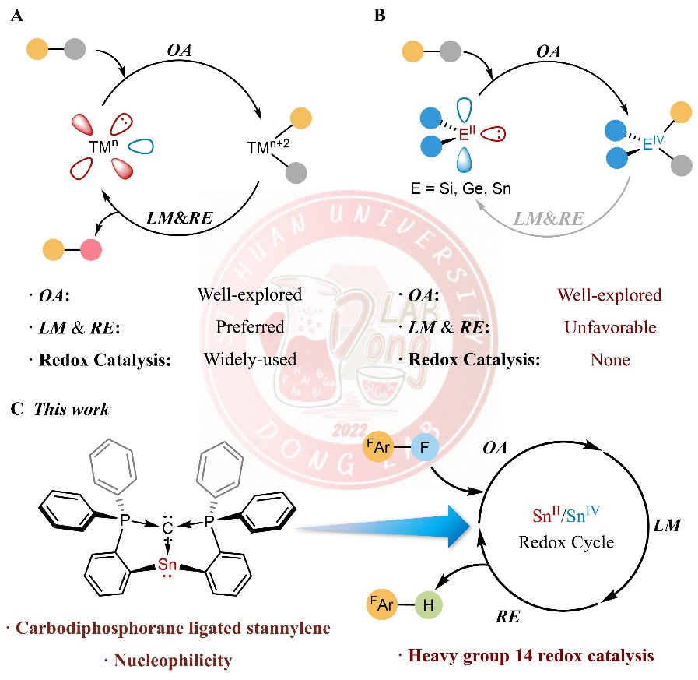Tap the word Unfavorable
(609, 328)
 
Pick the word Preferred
(251, 328)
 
